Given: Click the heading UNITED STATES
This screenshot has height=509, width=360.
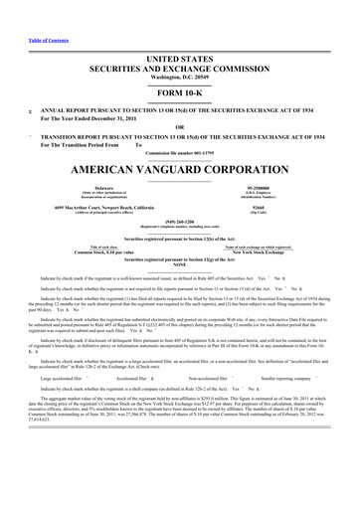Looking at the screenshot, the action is point(180,34).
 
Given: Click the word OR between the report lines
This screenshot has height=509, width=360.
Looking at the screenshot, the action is point(180,99).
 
